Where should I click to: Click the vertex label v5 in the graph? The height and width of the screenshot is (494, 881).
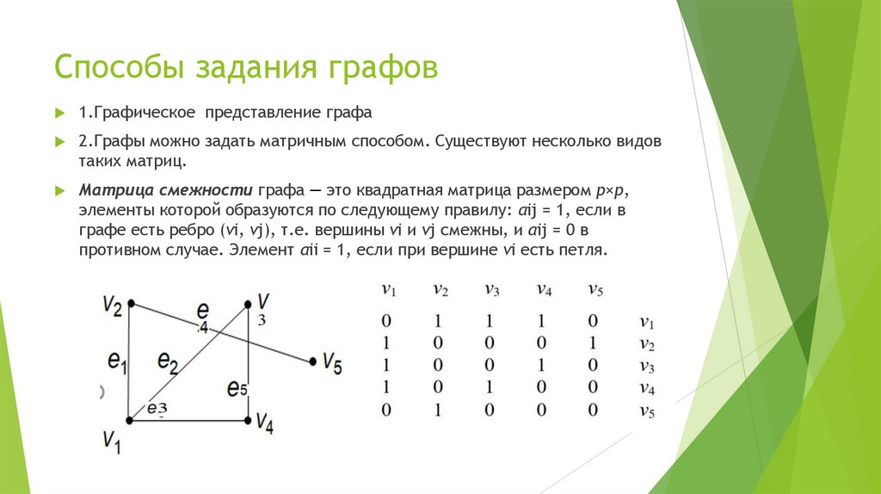pos(332,363)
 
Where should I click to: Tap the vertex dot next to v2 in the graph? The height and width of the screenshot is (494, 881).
pos(130,303)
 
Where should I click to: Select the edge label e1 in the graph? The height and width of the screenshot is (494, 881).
pos(118,362)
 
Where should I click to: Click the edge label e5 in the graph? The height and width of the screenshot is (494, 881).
pos(237,387)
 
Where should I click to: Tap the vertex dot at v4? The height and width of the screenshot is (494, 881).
pos(249,421)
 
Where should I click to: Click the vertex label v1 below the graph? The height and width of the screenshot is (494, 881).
pos(112,441)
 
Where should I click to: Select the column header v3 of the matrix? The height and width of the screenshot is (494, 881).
pos(491,290)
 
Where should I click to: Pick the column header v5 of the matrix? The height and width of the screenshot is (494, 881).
pos(595,290)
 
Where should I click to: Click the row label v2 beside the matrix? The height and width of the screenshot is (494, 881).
pos(647,344)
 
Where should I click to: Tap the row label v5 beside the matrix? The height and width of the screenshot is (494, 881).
pos(647,411)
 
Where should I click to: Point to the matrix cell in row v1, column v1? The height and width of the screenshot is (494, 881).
pos(387,322)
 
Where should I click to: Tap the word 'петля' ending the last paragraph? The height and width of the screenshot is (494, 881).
pos(583,250)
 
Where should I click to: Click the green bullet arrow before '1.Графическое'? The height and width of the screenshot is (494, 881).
pos(60,113)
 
